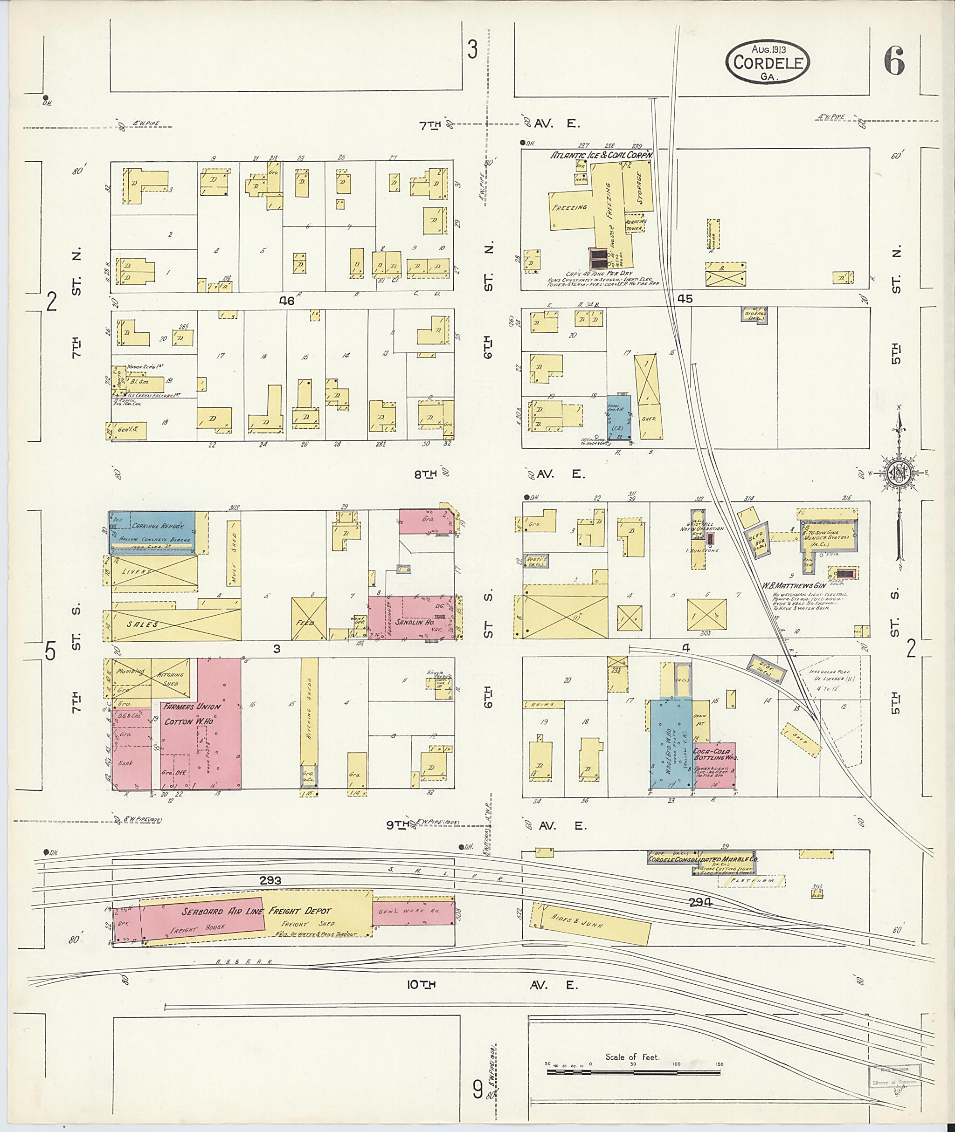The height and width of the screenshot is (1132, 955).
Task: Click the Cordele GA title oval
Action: [768, 63]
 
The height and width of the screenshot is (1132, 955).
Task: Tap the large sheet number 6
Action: [894, 61]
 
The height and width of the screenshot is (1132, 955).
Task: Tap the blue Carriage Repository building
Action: [152, 531]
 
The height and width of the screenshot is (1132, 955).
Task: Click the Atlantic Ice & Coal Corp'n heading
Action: [602, 155]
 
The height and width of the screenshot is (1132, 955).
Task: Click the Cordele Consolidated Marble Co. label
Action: [703, 859]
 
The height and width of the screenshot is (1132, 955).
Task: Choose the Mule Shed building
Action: [234, 553]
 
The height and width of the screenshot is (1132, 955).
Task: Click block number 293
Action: [270, 881]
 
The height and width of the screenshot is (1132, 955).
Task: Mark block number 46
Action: [286, 301]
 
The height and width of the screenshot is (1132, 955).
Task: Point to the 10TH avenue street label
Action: [421, 985]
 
